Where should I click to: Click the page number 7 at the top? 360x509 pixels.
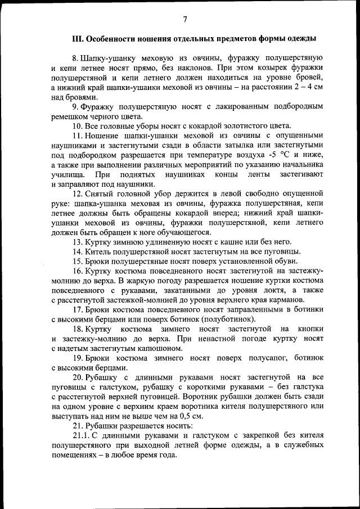(x=184, y=20)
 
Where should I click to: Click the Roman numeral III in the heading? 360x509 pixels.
(x=78, y=39)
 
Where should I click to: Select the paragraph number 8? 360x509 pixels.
(x=74, y=58)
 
